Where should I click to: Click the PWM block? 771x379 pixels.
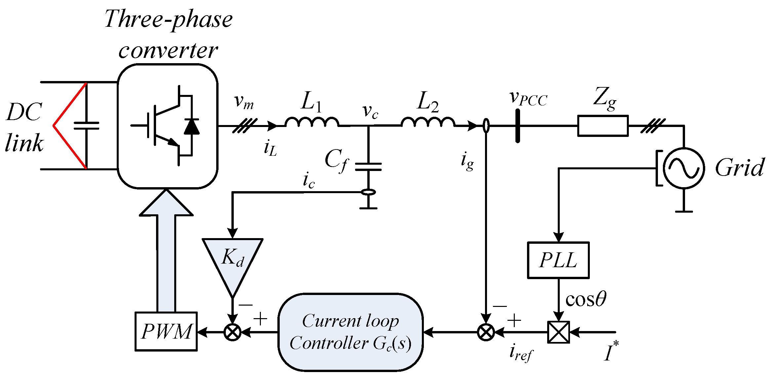click(x=166, y=331)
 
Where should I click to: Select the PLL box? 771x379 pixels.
click(x=558, y=260)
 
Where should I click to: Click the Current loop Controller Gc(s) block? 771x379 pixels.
click(x=350, y=332)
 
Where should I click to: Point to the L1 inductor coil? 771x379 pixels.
click(x=312, y=122)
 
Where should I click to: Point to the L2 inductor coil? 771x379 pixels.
click(x=428, y=122)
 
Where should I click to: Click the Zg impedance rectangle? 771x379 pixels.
click(x=603, y=126)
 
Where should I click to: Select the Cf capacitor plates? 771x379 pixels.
click(x=368, y=167)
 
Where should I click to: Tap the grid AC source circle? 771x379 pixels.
click(x=684, y=168)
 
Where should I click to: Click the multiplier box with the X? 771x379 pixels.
click(x=558, y=332)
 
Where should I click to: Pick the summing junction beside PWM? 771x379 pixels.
click(x=232, y=332)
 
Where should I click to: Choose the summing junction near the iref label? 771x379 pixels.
click(x=486, y=332)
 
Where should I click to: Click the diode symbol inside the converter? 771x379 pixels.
click(x=191, y=126)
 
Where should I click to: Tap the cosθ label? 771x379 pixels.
click(x=586, y=300)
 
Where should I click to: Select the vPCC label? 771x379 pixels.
click(x=528, y=98)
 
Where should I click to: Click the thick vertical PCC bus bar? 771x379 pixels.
click(x=517, y=126)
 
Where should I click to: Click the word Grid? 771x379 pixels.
click(x=739, y=168)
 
